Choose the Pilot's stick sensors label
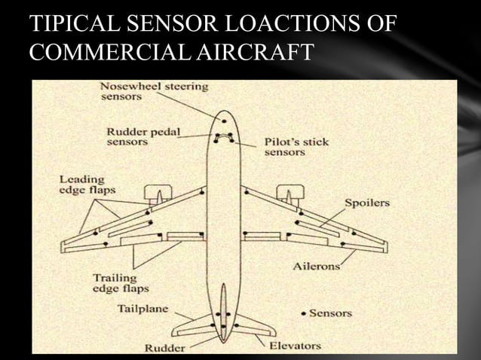click(x=296, y=147)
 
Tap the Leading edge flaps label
click(x=87, y=185)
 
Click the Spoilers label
click(x=368, y=203)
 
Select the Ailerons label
click(x=315, y=266)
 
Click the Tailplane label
click(x=142, y=308)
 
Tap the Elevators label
click(x=295, y=346)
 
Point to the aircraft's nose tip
click(x=223, y=111)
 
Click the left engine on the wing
click(x=159, y=194)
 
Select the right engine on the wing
click(x=288, y=194)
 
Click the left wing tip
click(x=63, y=246)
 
